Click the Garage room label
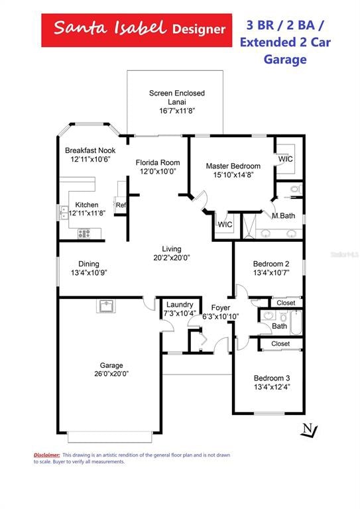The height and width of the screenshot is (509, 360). tap(111, 365)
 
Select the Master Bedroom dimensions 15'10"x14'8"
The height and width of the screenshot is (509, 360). tap(233, 175)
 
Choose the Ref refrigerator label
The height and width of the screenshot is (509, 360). tap(121, 205)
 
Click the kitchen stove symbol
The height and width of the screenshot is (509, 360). tap(84, 233)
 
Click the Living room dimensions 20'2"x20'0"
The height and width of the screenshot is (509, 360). tap(172, 258)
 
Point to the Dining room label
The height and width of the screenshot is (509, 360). tap(89, 263)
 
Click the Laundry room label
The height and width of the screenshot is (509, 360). tap(180, 304)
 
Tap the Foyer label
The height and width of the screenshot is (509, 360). tap(220, 308)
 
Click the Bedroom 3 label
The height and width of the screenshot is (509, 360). tap(272, 378)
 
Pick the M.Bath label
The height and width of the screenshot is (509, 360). tap(283, 215)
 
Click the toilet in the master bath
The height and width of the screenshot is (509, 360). tap(296, 190)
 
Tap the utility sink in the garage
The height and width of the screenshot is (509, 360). tap(105, 306)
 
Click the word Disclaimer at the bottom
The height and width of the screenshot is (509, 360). tap(47, 455)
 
